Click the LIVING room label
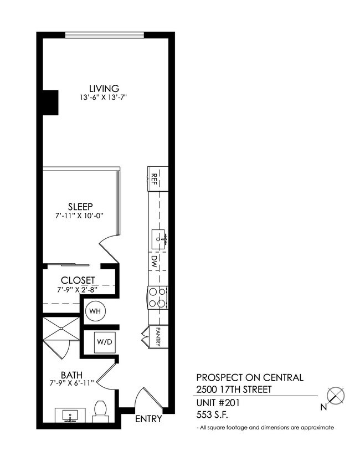104,88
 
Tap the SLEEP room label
81,206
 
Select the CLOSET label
78,280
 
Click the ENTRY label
148,419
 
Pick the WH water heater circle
95,311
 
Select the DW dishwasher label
155,262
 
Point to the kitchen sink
160,238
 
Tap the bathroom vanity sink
70,414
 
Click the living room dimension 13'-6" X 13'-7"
104,98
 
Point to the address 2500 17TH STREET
234,390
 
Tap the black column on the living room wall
50,103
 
